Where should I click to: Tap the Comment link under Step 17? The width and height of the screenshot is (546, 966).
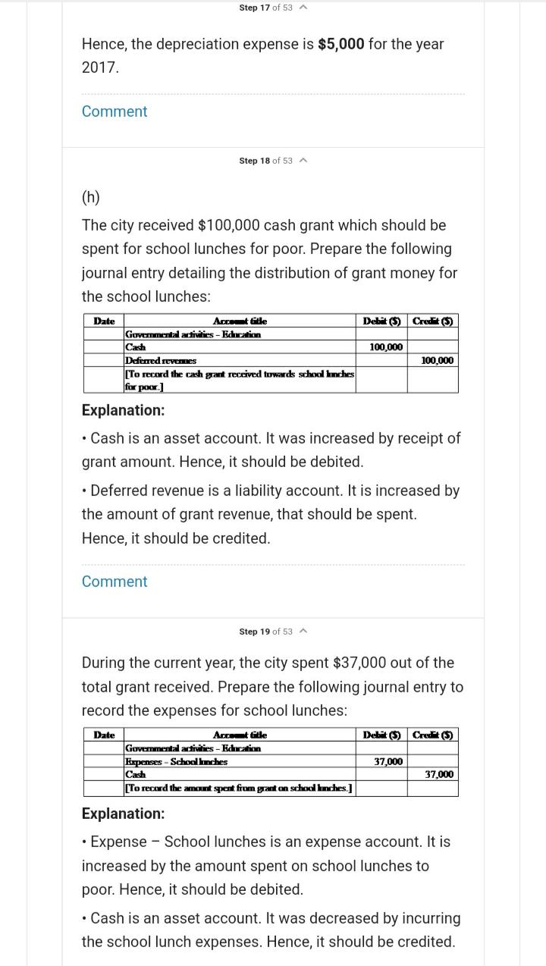115,111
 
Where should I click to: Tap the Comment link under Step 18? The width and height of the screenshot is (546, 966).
115,582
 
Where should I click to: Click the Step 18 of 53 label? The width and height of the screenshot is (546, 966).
265,161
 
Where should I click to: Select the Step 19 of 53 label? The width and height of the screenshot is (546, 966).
265,632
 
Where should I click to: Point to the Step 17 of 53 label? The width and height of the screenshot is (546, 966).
265,8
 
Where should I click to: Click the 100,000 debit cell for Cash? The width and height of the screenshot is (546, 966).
386,347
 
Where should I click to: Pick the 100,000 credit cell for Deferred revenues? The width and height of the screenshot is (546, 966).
437,360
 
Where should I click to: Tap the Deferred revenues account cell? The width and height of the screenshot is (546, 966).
161,360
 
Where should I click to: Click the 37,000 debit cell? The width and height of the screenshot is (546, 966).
388,761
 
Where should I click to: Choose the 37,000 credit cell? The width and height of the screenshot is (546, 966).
439,774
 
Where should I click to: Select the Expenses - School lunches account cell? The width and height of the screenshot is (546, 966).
177,761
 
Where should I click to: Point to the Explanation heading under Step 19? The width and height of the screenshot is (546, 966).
123,814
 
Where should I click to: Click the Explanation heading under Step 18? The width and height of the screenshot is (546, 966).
123,410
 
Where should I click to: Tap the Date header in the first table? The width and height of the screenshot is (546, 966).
104,321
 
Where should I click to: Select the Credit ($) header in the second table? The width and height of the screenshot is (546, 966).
433,735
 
